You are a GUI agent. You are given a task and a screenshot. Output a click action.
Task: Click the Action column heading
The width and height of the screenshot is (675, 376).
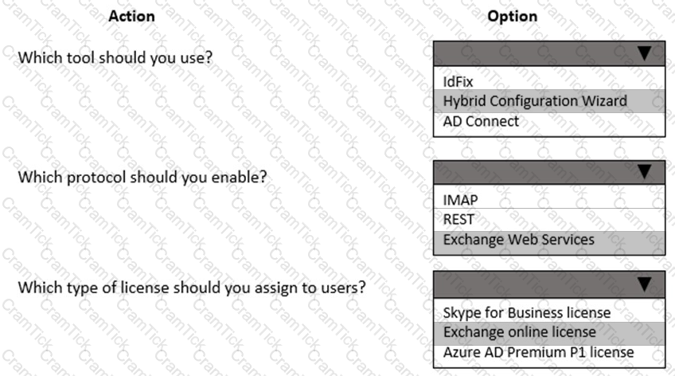click(131, 16)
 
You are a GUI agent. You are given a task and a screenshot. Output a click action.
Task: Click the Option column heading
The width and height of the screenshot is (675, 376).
click(513, 16)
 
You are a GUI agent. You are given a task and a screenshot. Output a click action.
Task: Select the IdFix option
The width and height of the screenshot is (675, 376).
click(458, 81)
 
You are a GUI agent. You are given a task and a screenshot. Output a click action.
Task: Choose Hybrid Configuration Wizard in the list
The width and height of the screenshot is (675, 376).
click(535, 101)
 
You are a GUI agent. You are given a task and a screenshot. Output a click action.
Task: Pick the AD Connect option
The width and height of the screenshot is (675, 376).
click(481, 121)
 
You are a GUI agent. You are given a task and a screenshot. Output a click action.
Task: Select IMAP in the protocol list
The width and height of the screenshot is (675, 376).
click(460, 200)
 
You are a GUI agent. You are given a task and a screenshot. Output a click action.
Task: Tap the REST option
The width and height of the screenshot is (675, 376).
click(458, 219)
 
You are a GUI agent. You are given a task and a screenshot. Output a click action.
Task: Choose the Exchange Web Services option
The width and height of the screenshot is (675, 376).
click(519, 240)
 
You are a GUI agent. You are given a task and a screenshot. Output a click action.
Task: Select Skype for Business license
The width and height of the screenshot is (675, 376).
click(526, 313)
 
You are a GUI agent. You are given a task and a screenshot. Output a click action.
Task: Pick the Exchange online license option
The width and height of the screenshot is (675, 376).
click(520, 332)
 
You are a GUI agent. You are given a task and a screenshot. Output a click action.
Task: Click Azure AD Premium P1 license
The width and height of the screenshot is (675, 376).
click(538, 352)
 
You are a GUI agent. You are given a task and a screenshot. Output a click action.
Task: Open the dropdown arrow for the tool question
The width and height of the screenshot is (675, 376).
click(645, 53)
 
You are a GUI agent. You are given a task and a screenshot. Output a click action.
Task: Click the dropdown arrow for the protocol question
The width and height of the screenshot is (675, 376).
click(645, 172)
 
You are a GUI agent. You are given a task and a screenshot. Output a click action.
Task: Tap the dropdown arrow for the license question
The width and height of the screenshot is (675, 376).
click(645, 284)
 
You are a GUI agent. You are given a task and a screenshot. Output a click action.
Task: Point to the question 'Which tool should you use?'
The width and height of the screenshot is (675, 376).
click(115, 57)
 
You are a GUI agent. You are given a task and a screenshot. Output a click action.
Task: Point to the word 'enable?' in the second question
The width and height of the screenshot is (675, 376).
click(239, 177)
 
